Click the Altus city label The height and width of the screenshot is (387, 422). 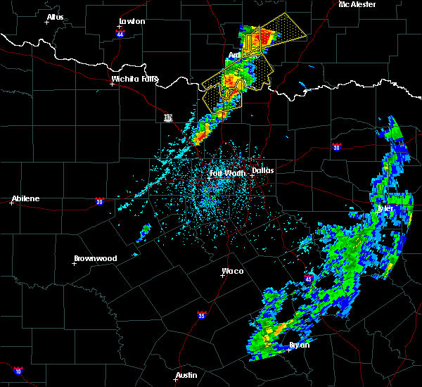55,17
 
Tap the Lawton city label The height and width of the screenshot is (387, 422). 132,21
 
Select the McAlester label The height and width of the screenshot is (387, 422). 357,4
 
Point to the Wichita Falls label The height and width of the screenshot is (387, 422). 135,79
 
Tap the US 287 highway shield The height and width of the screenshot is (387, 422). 168,118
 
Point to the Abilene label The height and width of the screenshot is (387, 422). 25,198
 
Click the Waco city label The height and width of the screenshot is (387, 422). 232,271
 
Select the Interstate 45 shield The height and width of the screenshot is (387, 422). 309,279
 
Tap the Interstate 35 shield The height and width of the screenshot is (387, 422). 202,315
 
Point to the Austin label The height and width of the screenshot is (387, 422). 186,375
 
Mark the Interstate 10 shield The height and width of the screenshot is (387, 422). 18,370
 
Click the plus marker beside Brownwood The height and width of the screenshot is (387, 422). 75,264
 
